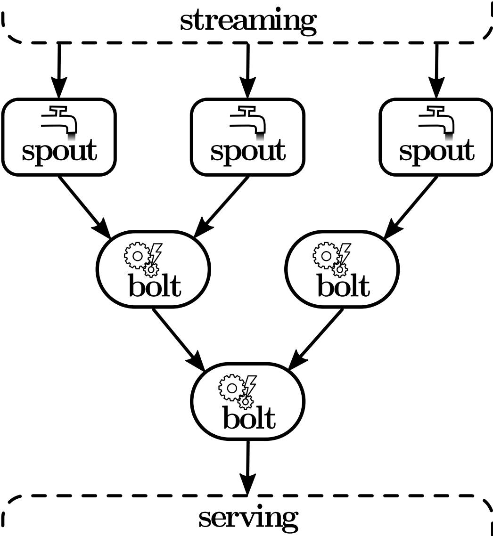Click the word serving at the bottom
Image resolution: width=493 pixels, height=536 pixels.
248,518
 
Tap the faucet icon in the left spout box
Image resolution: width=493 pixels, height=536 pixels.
59,122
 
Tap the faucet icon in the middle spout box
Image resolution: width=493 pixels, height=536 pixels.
248,122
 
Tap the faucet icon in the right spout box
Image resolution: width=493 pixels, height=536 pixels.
437,122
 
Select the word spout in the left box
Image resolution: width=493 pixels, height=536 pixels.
59,151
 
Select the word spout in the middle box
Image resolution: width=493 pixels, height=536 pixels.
248,151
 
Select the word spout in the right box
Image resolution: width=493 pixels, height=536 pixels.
437,151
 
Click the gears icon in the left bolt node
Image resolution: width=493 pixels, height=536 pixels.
143,259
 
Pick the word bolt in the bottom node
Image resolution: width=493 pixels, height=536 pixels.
248,419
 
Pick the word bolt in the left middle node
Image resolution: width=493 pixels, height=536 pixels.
154,286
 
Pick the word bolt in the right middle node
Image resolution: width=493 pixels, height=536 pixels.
343,286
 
